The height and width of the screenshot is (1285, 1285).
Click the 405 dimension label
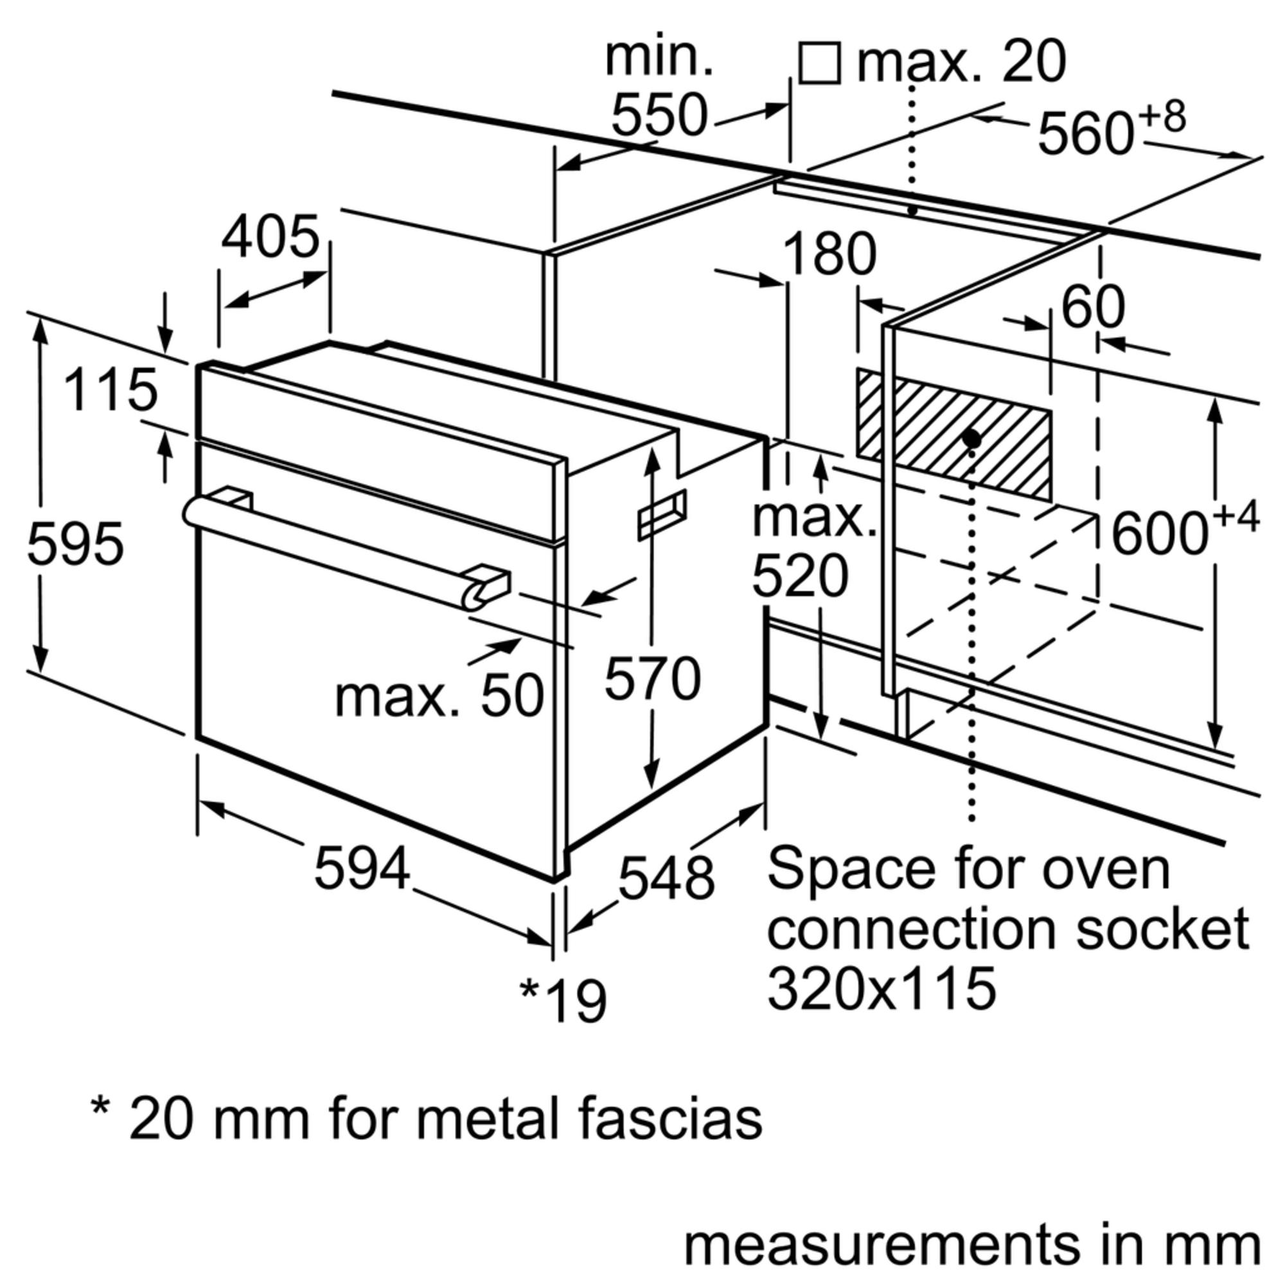(x=270, y=238)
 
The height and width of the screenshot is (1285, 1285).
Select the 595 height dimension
(x=75, y=544)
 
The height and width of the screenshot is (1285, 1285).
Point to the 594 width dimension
(x=362, y=869)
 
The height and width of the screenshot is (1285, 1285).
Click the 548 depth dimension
(x=666, y=878)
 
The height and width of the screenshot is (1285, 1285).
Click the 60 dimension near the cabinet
(x=1093, y=307)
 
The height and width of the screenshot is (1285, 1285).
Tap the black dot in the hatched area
(x=971, y=439)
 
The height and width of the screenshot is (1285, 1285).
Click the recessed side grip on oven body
(x=662, y=513)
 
